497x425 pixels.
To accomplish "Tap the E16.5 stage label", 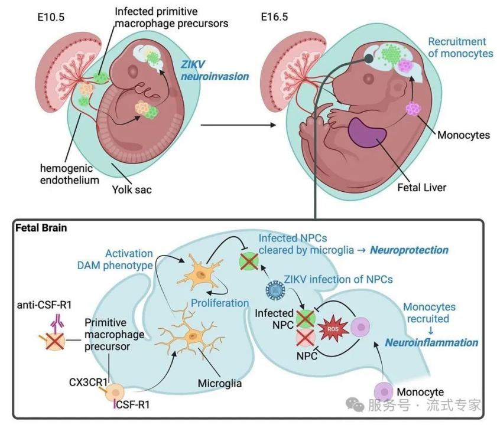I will click(275, 17).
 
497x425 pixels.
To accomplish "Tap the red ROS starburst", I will click(330, 328).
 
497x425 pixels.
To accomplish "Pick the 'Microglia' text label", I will click(220, 384).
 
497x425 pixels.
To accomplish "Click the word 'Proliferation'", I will click(219, 303).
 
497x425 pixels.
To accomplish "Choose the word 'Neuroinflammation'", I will click(431, 342).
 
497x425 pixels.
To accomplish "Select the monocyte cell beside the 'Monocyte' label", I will click(385, 391).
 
